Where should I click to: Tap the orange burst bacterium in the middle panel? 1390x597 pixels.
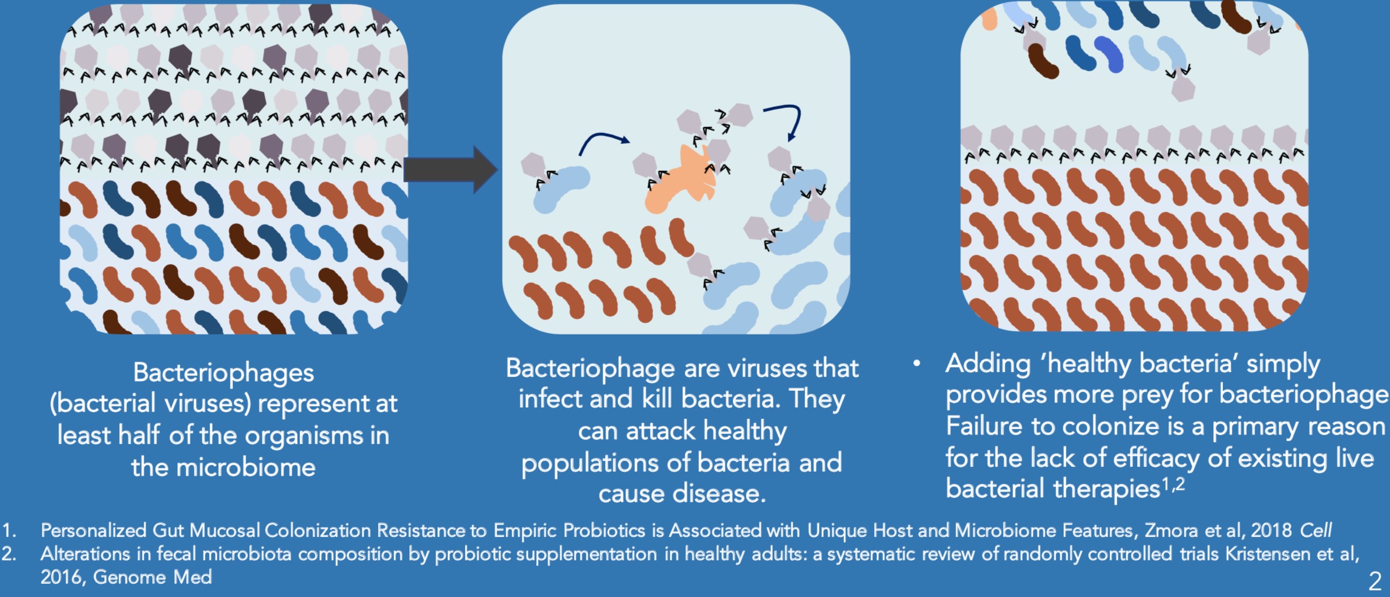(681, 180)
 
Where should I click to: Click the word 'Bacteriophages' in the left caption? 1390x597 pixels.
(223, 372)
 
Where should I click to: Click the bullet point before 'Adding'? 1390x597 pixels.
(917, 363)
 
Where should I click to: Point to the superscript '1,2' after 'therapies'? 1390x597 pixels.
(1174, 484)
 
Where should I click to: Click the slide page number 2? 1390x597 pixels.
(1374, 581)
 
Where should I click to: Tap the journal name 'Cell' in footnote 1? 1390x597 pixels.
(1316, 530)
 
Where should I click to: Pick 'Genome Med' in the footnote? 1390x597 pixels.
(153, 577)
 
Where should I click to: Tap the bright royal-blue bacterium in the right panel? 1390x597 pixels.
(1109, 54)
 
